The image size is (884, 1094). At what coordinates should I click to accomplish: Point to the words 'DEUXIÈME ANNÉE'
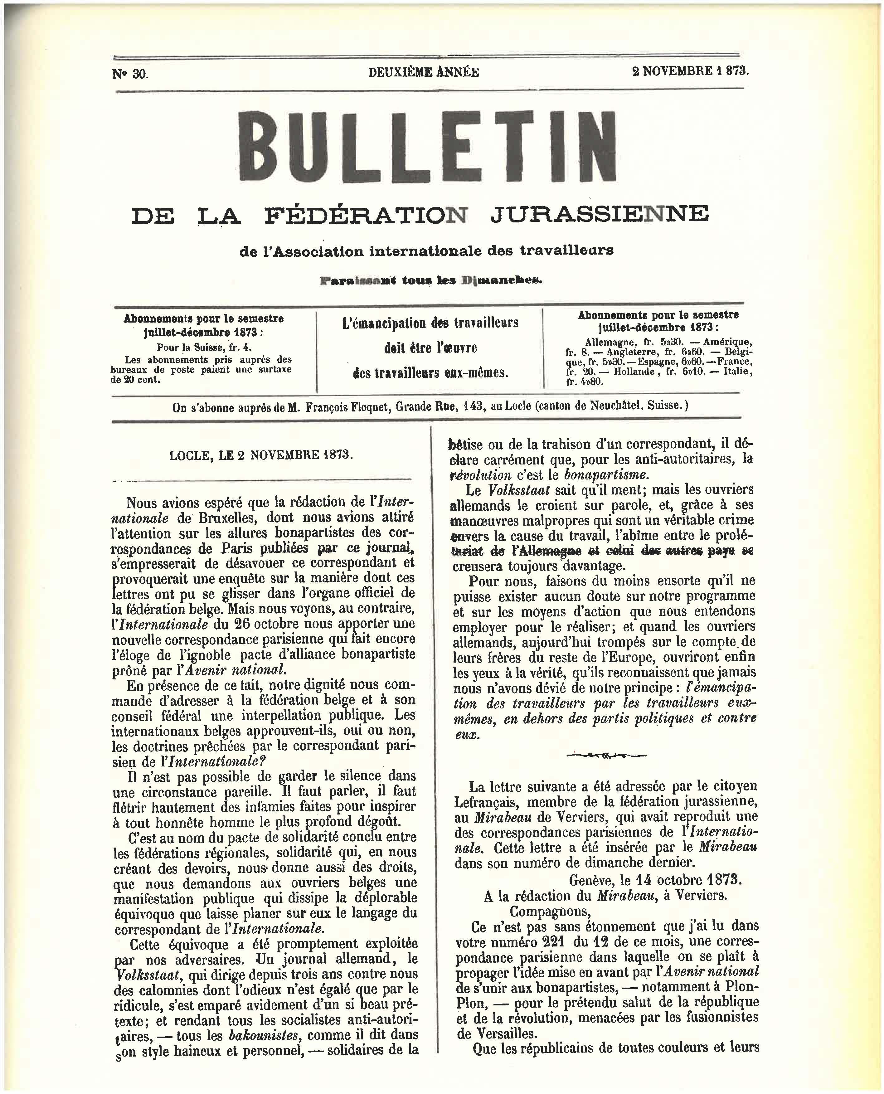click(423, 72)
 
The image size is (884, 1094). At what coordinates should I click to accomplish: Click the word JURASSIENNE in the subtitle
click(599, 214)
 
